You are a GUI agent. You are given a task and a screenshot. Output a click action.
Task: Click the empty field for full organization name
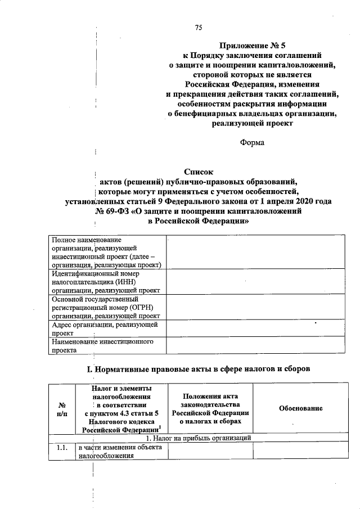point(256,253)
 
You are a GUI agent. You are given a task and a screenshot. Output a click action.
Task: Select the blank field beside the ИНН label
point(256,282)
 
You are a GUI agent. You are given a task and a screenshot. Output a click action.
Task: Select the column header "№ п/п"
point(61,409)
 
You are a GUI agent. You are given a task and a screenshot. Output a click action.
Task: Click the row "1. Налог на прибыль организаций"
point(199,438)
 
